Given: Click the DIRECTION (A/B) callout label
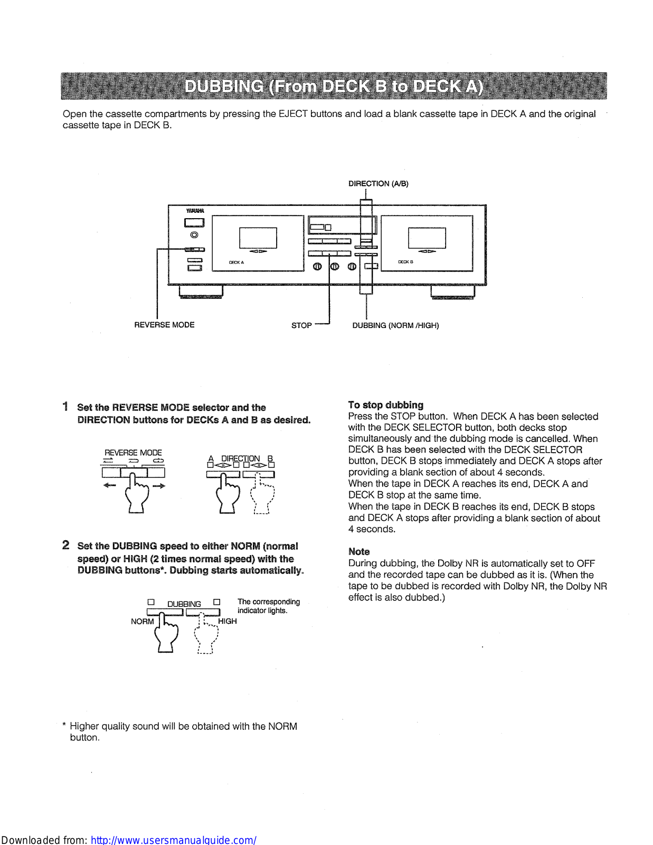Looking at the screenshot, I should point(378,184).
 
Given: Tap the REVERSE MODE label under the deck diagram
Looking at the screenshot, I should point(164,325).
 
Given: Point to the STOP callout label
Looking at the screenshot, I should point(301,325).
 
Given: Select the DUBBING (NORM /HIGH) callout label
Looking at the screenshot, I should point(395,325).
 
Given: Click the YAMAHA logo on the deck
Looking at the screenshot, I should point(195,211).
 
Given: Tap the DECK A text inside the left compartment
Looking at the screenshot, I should point(236,262).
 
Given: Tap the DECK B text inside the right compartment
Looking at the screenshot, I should point(405,262).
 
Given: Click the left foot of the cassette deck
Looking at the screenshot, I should point(201,292).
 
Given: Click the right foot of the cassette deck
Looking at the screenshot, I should point(452,292).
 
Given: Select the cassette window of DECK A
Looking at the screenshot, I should point(258,238).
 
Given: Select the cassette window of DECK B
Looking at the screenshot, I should point(427,238).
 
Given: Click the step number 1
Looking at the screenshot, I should point(65,407).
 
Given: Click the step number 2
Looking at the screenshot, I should point(65,545).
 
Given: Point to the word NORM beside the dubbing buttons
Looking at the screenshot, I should point(143,622).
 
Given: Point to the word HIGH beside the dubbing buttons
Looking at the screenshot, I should point(228,622).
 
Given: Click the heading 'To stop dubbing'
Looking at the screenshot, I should point(385,405).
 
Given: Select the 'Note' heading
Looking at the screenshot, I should point(359,551).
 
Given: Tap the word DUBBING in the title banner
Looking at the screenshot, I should point(223,86).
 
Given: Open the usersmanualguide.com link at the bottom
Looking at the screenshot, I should point(174,840).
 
